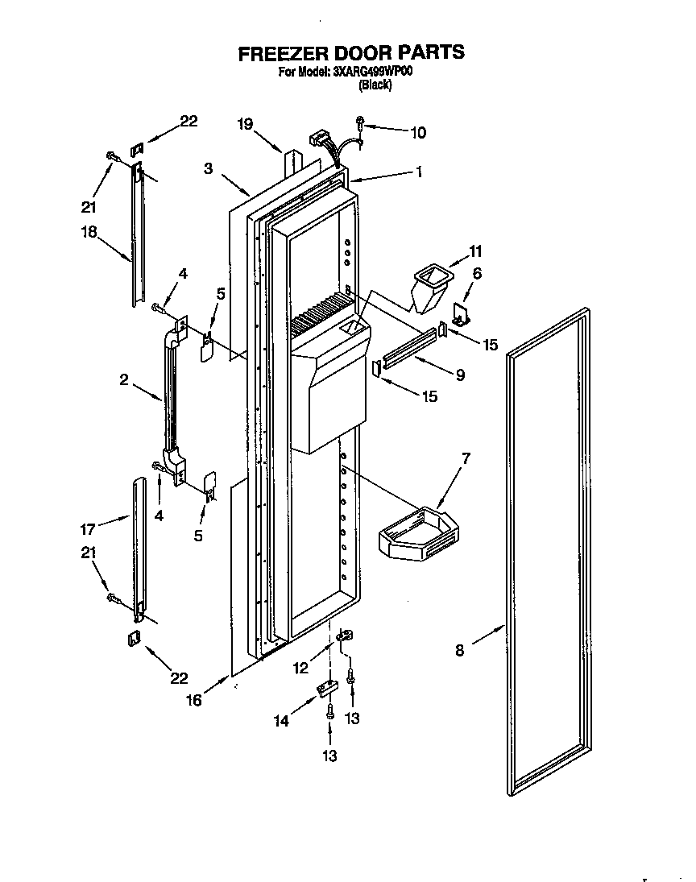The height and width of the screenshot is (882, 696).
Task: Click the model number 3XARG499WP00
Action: tap(372, 72)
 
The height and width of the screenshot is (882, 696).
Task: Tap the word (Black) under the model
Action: tap(375, 85)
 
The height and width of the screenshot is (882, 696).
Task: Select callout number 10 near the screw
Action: tap(417, 133)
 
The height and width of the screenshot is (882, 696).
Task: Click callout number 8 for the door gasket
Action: tap(459, 649)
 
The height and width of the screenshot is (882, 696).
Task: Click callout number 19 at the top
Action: tap(245, 124)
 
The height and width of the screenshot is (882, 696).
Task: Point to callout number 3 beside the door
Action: tap(208, 168)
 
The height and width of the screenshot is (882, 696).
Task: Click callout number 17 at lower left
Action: tap(88, 528)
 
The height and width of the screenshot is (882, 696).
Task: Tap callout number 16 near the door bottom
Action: tap(193, 700)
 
